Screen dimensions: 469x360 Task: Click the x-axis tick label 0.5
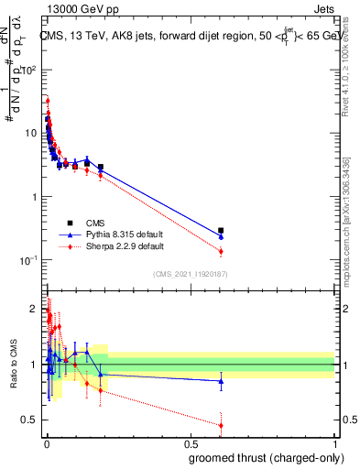190,442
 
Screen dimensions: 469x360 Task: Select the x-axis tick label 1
334,442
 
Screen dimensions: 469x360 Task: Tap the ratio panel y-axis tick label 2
34,309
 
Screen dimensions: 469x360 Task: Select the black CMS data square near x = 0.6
221,231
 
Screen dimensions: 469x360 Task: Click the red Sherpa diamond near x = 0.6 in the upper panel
221,251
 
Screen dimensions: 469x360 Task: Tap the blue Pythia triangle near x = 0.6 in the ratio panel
221,381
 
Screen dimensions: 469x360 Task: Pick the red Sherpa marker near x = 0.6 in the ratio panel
221,425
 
